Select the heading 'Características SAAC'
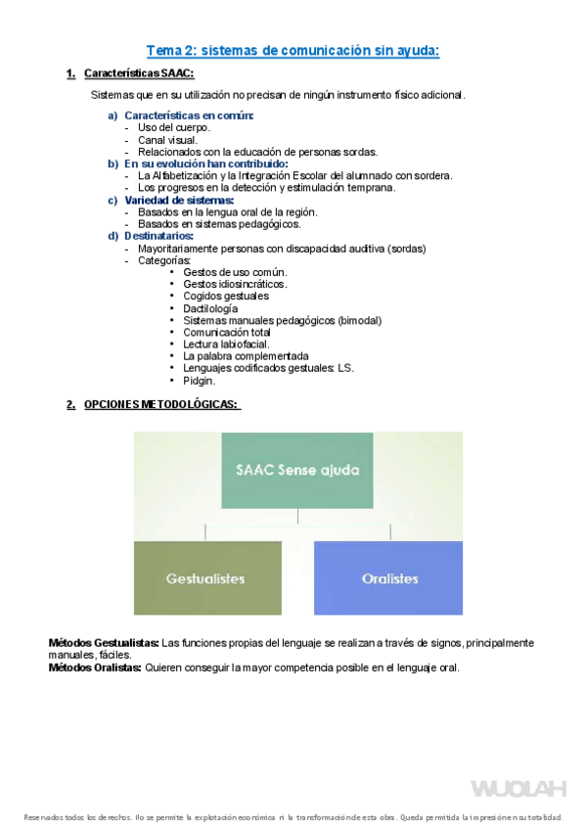coord(139,73)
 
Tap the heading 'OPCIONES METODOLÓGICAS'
coord(161,404)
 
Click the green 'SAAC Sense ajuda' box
coord(297,470)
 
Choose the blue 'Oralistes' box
coord(388,578)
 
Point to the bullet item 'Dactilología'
coord(210,308)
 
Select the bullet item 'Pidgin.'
coord(199,380)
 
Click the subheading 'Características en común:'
coord(188,116)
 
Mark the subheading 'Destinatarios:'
coord(158,236)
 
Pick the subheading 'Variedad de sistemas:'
coord(179,200)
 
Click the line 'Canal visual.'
coord(167,140)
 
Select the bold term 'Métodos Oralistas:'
coord(95,668)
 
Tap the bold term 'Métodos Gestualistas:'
coord(104,643)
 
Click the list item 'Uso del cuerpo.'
coord(174,128)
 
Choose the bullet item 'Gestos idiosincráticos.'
coord(235,284)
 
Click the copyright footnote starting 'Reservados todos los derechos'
coord(293,817)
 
